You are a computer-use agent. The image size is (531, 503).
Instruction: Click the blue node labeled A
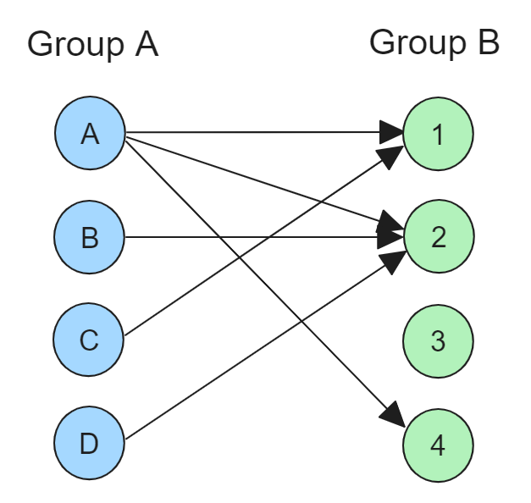point(90,133)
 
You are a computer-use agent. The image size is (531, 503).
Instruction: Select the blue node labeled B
point(89,237)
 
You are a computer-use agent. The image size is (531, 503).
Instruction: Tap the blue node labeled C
point(88,340)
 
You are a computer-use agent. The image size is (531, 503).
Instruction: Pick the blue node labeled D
point(90,443)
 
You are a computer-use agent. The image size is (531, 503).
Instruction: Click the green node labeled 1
point(438,134)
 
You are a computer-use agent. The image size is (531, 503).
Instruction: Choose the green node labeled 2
point(439,236)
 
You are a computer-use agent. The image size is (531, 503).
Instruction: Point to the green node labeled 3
point(438,341)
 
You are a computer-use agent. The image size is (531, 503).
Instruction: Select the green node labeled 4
point(438,445)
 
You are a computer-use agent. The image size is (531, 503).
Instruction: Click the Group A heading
point(93,45)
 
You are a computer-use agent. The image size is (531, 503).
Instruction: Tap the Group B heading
point(434,43)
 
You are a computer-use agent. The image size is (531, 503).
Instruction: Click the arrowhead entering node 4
point(394,415)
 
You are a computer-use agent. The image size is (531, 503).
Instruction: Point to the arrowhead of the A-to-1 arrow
point(391,132)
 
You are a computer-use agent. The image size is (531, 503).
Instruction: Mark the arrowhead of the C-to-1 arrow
point(390,157)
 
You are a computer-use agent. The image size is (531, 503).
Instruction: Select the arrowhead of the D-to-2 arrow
point(393,262)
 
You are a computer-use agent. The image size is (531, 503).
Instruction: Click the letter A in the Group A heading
point(147,44)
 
